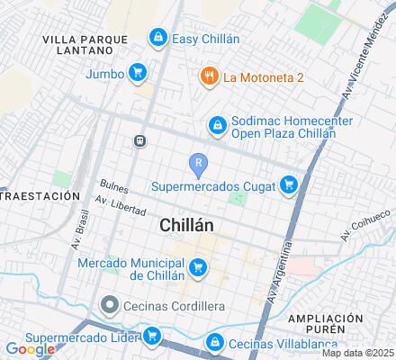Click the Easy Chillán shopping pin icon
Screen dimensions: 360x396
158,37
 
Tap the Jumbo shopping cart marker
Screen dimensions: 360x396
137,72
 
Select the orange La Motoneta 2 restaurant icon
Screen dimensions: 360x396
208,76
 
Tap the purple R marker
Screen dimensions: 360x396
199,162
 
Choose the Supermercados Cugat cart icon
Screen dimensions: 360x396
288,185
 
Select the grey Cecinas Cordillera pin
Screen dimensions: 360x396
110,305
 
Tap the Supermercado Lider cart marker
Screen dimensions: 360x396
152,337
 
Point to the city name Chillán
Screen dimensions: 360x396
186,227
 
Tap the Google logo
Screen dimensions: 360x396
30,349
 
